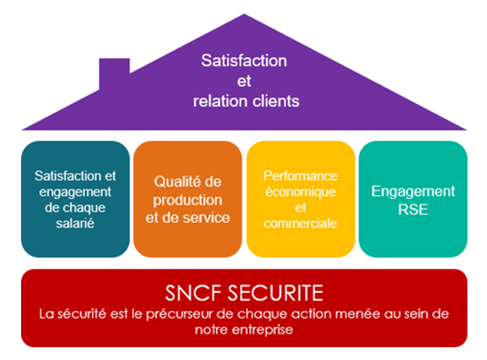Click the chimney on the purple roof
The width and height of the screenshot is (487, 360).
tap(114, 71)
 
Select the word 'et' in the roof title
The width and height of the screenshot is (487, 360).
tap(244, 80)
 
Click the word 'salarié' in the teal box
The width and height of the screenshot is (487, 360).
tap(75, 224)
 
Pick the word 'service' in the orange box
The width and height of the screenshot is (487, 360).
tap(208, 218)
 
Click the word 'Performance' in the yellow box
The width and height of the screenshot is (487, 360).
tap(300, 175)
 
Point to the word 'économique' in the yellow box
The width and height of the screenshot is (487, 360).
tap(300, 191)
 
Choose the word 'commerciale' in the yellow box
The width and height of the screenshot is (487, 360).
tap(300, 223)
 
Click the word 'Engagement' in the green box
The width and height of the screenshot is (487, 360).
tap(412, 191)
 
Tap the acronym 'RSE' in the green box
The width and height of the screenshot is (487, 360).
tap(412, 209)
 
